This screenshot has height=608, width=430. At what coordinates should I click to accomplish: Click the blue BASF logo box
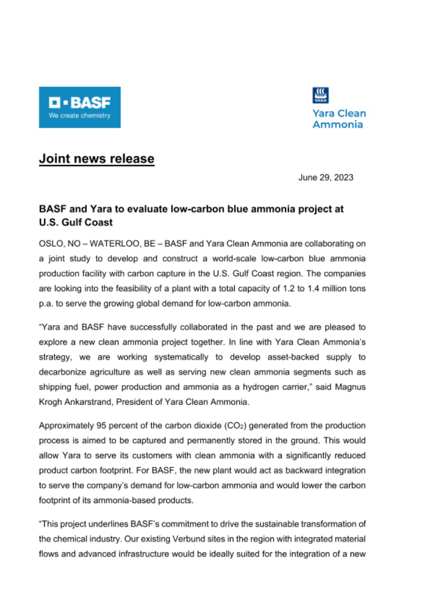79,107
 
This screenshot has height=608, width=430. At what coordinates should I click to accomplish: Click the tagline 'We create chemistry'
79,116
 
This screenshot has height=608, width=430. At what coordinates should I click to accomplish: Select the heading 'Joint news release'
96,158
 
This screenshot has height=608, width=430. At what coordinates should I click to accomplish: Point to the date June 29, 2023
325,178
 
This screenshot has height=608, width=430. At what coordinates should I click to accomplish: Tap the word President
131,402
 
